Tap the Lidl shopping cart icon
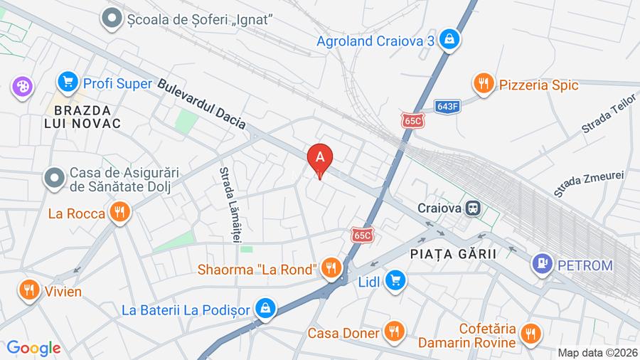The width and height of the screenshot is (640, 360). tap(395, 280)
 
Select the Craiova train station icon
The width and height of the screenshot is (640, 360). tap(472, 208)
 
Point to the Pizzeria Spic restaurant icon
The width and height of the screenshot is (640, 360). tap(484, 84)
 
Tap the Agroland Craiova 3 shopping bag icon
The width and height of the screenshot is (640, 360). tap(449, 40)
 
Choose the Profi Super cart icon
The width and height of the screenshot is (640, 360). tap(68, 83)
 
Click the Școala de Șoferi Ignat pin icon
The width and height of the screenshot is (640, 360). tap(112, 18)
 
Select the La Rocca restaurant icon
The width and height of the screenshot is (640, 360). tap(119, 212)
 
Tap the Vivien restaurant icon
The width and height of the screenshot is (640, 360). tap(28, 290)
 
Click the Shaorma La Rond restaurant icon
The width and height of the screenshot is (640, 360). tap(330, 268)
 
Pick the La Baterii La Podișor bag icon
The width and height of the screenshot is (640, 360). tap(265, 309)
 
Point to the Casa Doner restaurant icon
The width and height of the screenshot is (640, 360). tap(393, 332)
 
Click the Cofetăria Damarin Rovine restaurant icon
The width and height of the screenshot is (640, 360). tap(530, 333)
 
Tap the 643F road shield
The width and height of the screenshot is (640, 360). tap(448, 107)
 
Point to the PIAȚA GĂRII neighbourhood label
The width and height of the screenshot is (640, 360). tap(452, 253)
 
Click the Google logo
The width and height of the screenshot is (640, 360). tap(33, 348)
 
